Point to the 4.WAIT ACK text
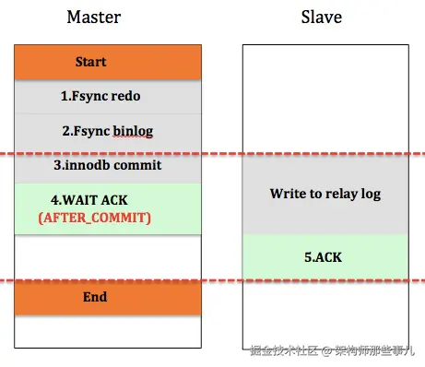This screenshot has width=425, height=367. [x=94, y=199]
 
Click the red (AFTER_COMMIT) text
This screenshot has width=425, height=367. [x=94, y=219]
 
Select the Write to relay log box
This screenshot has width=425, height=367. [x=325, y=195]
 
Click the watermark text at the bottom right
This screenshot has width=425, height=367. [x=332, y=350]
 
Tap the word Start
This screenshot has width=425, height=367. [x=90, y=62]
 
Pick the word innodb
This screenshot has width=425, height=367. [x=95, y=165]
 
